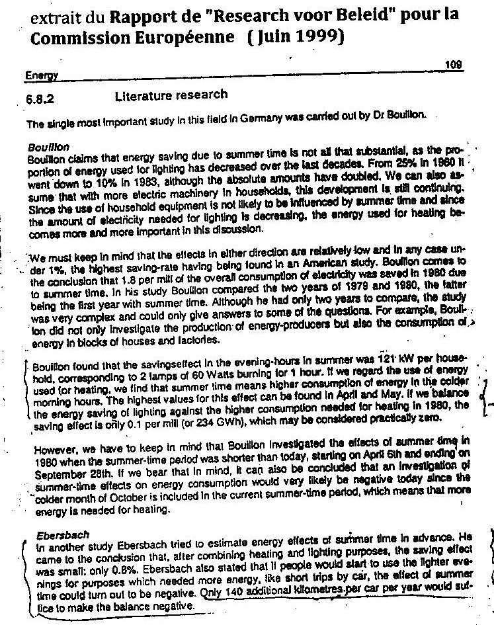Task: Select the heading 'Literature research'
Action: (171, 95)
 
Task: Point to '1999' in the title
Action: (315, 38)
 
